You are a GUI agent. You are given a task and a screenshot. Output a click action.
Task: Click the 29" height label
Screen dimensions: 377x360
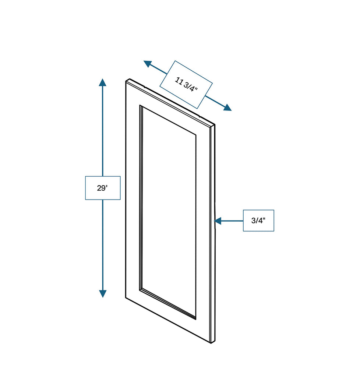[103, 188]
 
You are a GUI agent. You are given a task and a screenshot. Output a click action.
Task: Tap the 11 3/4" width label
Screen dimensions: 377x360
[186, 85]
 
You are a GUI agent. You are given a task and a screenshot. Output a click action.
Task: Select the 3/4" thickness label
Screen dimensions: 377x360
[258, 221]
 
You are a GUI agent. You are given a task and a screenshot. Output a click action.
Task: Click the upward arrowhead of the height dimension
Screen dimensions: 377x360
[103, 82]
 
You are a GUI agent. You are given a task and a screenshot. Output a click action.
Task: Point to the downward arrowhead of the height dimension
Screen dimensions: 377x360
[103, 294]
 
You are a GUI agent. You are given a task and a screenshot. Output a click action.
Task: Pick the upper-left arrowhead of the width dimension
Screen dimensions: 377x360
[148, 64]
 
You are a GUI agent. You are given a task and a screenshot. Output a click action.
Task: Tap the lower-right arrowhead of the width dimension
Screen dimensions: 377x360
[227, 108]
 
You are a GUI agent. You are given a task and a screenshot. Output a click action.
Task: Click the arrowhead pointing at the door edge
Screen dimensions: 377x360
[218, 221]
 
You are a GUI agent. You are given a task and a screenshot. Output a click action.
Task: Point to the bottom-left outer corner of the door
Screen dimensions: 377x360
[126, 297]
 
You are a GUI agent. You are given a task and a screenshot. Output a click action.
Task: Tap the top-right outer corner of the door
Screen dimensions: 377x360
[215, 125]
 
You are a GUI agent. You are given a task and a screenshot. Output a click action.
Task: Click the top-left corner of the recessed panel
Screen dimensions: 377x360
[140, 106]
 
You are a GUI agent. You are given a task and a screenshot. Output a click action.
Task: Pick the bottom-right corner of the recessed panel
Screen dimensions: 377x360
[196, 318]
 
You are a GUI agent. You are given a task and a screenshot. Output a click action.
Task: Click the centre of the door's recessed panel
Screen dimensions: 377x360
[168, 212]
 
